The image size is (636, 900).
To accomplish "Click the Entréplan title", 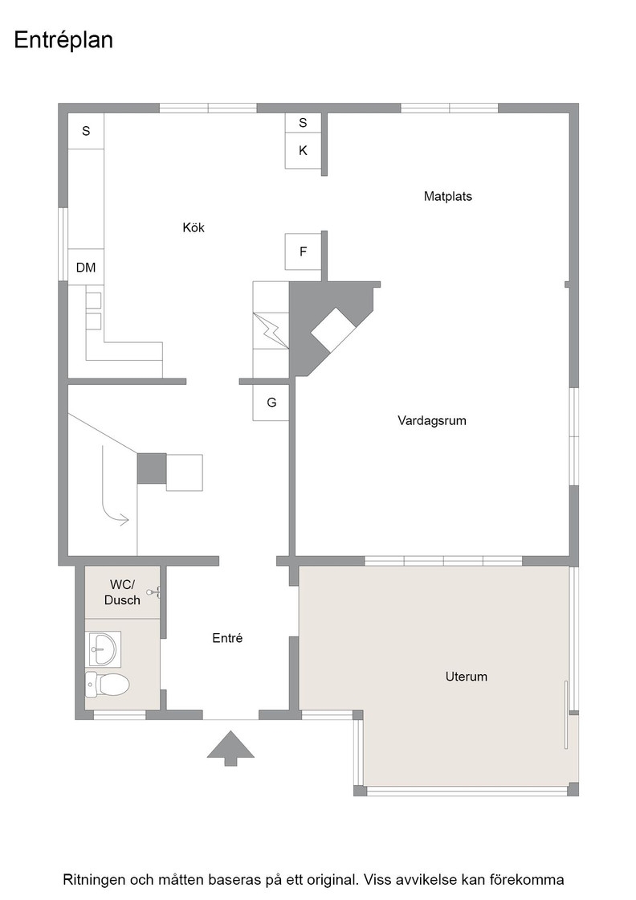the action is (63, 41).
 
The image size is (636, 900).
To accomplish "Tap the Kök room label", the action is (194, 227).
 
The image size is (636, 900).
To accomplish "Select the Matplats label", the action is (448, 196).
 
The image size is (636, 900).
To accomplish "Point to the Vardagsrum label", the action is (432, 421).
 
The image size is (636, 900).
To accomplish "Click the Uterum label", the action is (467, 677).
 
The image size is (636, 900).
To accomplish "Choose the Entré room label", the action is (227, 638).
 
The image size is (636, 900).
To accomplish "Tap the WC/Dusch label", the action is (122, 592).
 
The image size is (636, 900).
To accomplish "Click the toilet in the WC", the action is (108, 684).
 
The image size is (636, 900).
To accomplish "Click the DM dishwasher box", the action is (86, 268).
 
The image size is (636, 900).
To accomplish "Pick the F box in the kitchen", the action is (303, 252).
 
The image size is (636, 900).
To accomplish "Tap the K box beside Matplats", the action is (303, 150).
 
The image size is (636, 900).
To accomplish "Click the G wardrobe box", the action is (271, 403).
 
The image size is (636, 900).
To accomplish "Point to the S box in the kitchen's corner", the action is (86, 131).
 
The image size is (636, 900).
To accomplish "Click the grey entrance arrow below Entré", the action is (230, 748).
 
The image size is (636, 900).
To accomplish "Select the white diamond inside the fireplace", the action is (333, 330).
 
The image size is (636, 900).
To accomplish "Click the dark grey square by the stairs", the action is (152, 468).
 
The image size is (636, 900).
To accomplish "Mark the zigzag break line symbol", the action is (271, 330).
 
